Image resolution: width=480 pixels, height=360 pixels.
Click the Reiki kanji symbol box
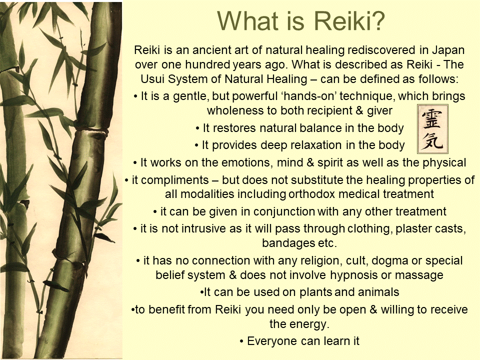[433, 128]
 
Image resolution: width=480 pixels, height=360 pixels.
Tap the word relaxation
[310, 145]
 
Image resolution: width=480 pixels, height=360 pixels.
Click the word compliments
[173, 179]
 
